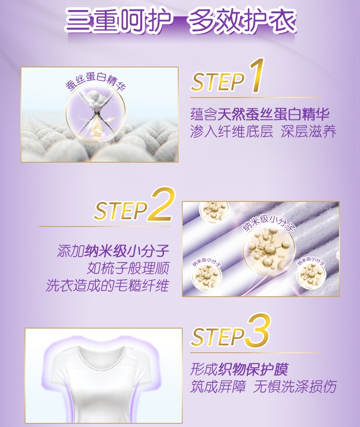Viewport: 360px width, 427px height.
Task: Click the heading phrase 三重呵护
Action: [119, 21]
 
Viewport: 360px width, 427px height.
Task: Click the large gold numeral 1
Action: [257, 75]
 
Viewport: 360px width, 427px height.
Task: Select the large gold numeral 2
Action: [161, 204]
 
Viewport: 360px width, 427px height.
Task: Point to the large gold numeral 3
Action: [258, 330]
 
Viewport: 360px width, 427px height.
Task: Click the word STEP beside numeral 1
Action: [217, 82]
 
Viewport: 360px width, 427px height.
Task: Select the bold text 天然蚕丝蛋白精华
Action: [273, 114]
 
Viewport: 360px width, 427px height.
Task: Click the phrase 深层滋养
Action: [309, 132]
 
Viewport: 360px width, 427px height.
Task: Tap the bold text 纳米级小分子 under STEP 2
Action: [127, 251]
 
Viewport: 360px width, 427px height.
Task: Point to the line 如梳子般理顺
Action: [128, 268]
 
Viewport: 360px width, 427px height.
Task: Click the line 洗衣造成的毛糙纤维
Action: [108, 285]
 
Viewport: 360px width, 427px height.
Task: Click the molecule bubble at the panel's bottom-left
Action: [206, 277]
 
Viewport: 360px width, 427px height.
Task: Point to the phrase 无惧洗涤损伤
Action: [295, 386]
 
